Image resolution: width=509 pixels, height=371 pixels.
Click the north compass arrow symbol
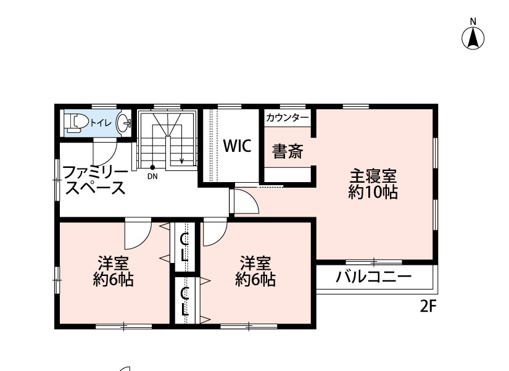coord(473,38)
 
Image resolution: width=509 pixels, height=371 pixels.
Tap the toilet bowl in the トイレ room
coord(77,123)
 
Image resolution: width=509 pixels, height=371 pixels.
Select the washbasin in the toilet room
coord(123,123)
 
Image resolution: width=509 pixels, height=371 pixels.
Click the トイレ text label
coord(101,123)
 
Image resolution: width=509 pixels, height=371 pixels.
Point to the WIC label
coord(238,146)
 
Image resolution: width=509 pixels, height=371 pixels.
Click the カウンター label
coord(288,118)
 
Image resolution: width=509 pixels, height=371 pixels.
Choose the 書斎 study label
coord(288,151)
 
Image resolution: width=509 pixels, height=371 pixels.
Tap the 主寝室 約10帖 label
coord(373,184)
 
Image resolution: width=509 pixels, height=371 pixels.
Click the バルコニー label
coord(373,277)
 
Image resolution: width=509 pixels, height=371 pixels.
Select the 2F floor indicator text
coord(428,306)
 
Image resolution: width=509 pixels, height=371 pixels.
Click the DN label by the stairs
coord(152,177)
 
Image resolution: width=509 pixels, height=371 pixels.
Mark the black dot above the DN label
coord(152,167)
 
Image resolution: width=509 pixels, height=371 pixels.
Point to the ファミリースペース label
coord(94,180)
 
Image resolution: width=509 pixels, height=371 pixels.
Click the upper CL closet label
coord(184,248)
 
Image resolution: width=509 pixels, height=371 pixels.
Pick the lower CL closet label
coord(184,302)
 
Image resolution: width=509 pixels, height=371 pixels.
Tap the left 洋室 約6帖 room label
coord(114,272)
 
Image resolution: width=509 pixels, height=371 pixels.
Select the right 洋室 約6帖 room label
coord(255,272)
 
